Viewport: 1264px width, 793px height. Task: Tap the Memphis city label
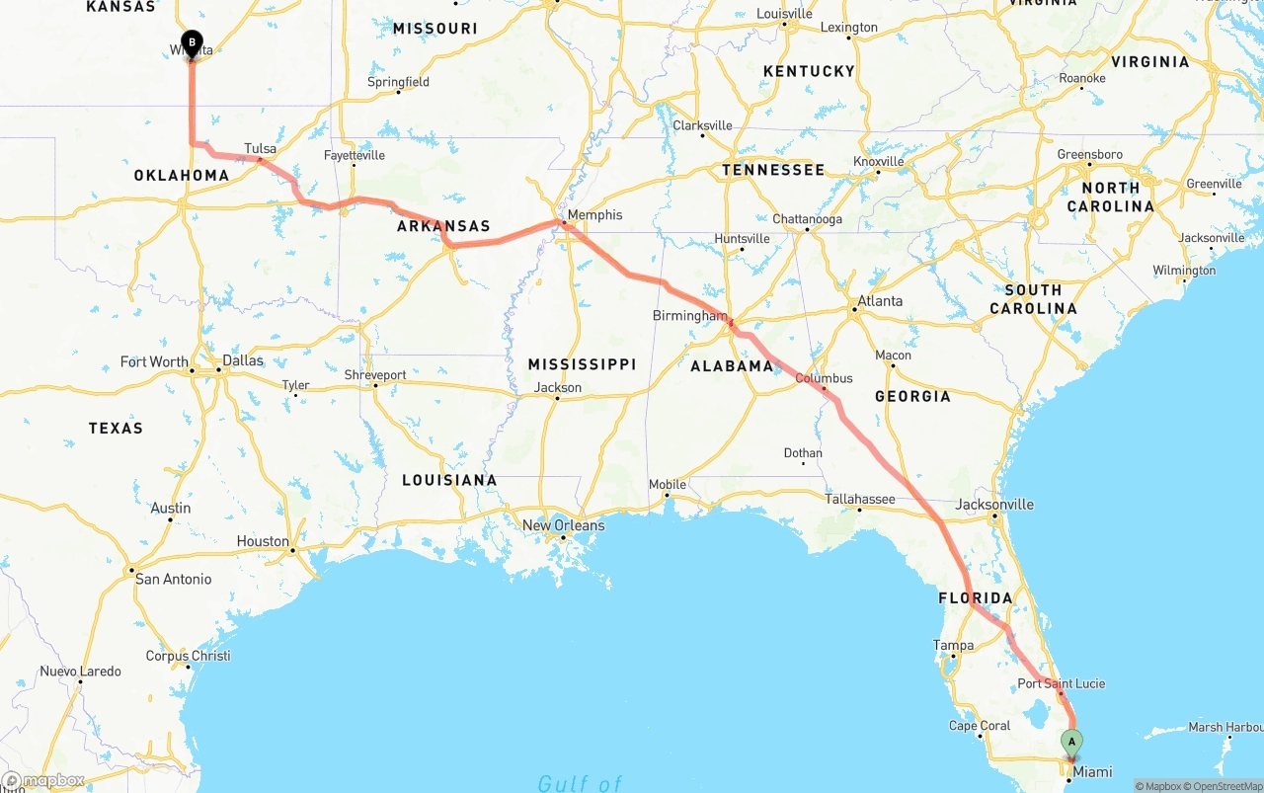coord(594,214)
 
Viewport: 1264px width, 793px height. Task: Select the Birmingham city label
coord(689,316)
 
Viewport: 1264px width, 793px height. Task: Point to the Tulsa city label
coord(260,149)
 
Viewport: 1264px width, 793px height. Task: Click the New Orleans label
coord(563,525)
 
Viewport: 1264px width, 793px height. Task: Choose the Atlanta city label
coord(879,301)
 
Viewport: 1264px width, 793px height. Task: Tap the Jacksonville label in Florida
coord(994,505)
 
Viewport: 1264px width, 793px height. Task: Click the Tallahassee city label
coord(860,500)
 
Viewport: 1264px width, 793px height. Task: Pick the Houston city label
coord(263,541)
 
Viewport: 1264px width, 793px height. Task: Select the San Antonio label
coord(173,579)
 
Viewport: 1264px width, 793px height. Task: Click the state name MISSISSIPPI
coord(582,364)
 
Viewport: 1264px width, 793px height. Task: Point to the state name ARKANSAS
coord(443,226)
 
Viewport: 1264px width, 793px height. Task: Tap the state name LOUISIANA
coord(449,480)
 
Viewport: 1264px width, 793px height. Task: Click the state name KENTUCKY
coord(809,71)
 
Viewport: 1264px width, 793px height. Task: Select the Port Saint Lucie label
coord(1062,683)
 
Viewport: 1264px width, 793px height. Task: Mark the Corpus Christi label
coord(188,656)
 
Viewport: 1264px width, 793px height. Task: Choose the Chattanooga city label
coord(807,219)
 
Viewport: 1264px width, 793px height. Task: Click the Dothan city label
coord(803,453)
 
